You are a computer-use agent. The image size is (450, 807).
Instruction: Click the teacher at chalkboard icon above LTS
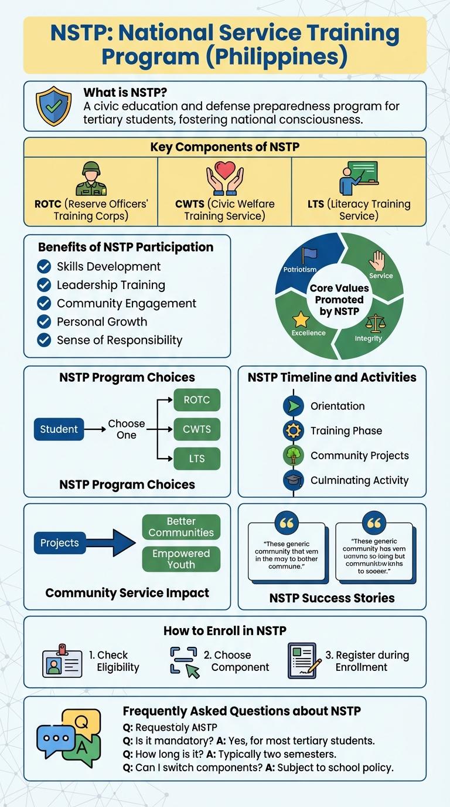pos(358,178)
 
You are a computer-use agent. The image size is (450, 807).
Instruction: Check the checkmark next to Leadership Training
pos(44,285)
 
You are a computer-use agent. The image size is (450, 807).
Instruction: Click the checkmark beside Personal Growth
pos(44,321)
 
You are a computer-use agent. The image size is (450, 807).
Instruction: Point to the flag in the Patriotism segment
pos(308,256)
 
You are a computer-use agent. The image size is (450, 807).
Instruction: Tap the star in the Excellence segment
pos(301,320)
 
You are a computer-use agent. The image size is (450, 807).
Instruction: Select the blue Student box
pos(59,429)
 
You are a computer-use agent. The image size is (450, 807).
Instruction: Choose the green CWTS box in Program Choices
pos(197,429)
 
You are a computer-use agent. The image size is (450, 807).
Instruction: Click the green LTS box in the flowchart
pos(197,458)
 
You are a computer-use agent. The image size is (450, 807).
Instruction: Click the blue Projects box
pos(60,542)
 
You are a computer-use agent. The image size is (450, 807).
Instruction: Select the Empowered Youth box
pos(181,559)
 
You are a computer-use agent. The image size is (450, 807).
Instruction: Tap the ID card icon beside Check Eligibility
pos(62,661)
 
